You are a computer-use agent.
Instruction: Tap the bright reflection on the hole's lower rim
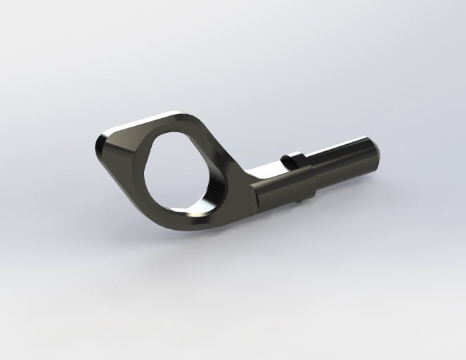tap(194, 208)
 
